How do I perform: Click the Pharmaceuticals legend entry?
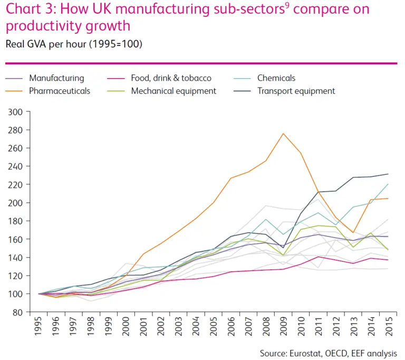[59, 91]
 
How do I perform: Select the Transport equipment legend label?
[296, 91]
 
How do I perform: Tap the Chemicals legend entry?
[276, 78]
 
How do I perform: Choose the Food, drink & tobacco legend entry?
[171, 78]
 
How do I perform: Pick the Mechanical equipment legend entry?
[173, 91]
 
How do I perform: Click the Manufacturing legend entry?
[56, 78]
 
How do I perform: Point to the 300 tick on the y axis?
[30, 112]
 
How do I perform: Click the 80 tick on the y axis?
[32, 312]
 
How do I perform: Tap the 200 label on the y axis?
[30, 203]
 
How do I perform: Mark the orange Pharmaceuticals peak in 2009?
[284, 134]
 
